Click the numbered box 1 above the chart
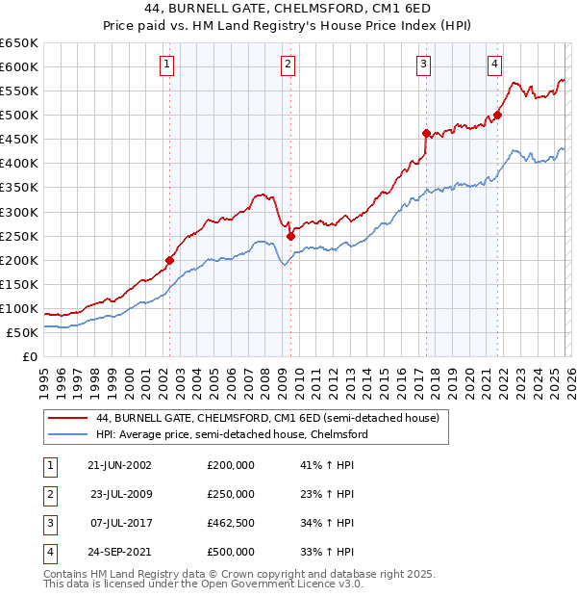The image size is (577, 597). [167, 65]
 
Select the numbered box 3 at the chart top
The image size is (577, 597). [424, 65]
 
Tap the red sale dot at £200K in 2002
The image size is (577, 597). [170, 260]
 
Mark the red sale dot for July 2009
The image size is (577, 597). [290, 236]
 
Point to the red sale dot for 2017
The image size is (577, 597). [426, 133]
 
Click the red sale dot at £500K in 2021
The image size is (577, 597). [498, 115]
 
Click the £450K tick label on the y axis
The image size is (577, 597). [18, 140]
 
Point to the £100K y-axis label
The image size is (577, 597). [18, 308]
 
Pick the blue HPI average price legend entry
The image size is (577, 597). [232, 434]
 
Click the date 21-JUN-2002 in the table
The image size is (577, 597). [119, 465]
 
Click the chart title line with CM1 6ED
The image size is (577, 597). [288, 10]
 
